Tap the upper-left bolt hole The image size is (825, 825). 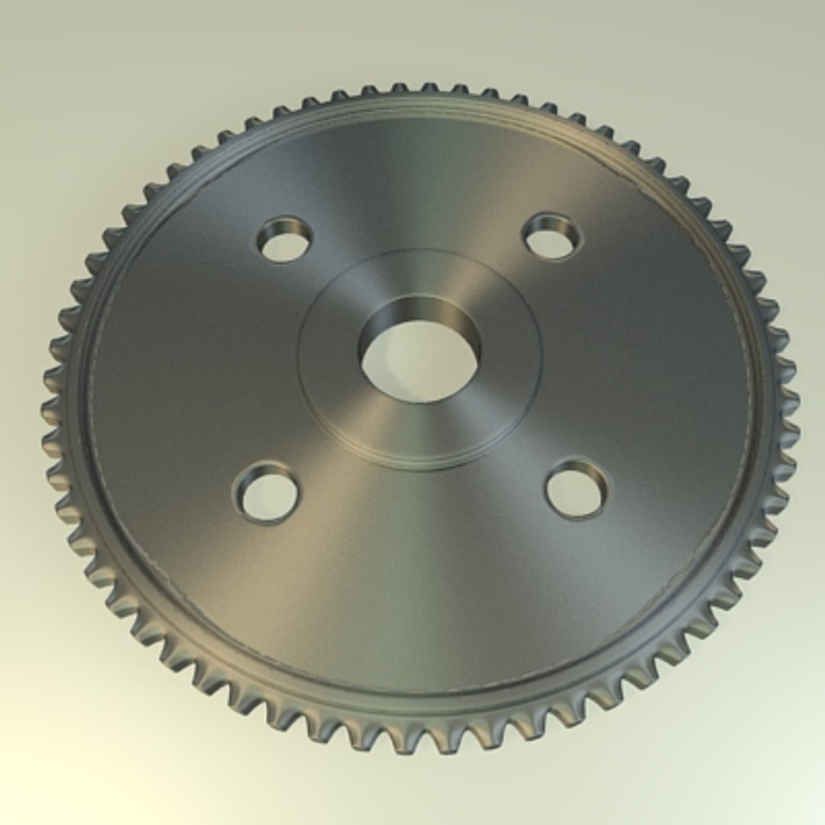[285, 243]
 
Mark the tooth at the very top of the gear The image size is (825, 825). [429, 88]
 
